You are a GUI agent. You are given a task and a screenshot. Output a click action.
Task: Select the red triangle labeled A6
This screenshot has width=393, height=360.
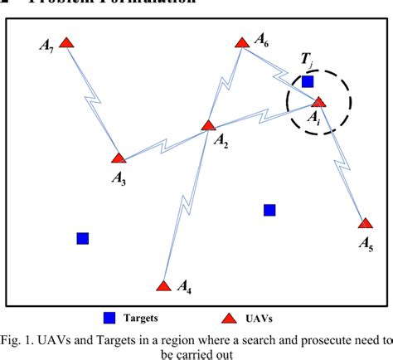point(241,41)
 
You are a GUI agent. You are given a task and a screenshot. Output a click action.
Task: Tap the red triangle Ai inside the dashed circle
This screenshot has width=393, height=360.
point(319,102)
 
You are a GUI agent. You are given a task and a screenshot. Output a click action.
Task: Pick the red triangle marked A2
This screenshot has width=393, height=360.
point(209,126)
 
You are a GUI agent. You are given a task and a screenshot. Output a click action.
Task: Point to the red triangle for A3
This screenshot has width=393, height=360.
point(119,158)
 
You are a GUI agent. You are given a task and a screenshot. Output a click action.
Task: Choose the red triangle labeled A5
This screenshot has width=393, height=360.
point(365,222)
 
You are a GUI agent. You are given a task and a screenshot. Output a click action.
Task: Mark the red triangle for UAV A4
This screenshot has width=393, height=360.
point(164,285)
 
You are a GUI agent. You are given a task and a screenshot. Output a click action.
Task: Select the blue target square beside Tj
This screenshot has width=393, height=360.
point(308,82)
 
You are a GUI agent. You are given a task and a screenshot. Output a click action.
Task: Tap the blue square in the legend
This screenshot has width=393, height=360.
point(109,317)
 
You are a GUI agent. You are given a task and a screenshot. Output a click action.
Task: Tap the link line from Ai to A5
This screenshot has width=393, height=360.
point(342,163)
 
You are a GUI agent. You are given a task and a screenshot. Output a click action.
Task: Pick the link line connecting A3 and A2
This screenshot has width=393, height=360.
point(164,142)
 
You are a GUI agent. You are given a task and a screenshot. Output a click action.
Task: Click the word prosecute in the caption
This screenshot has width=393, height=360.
point(299,338)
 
